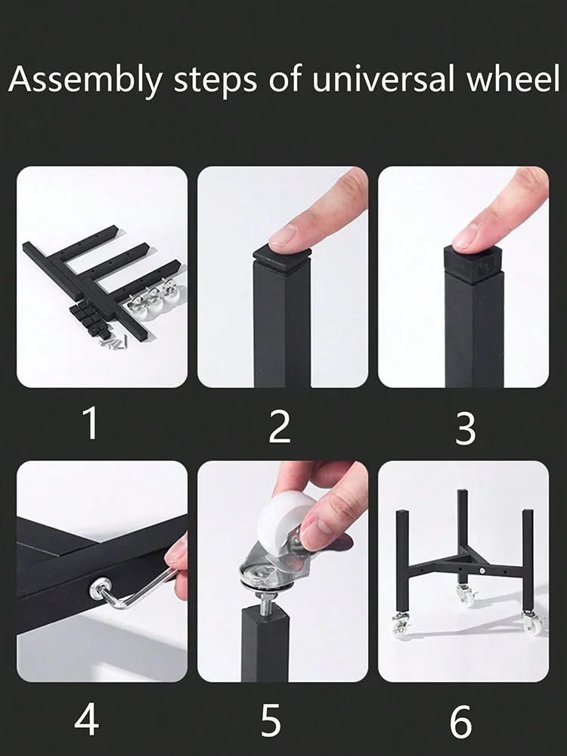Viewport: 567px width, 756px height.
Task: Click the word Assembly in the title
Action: tap(85, 79)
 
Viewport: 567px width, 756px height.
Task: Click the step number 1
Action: tap(91, 423)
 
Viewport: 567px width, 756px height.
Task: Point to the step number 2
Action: tap(280, 426)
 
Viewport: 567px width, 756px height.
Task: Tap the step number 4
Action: tap(87, 720)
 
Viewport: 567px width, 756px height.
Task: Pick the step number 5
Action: tap(271, 720)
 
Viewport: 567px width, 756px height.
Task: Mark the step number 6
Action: tap(461, 721)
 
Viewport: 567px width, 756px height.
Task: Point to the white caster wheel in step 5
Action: tap(283, 521)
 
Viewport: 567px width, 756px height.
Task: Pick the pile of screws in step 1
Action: tap(114, 342)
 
